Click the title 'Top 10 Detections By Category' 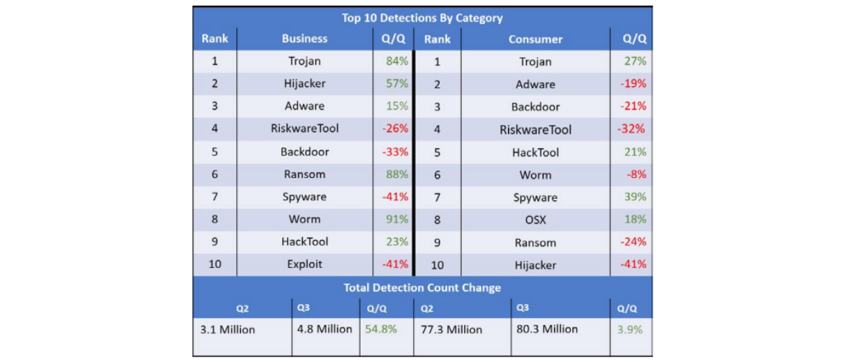coord(422,18)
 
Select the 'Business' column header coord(304,39)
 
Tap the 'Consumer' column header coord(535,40)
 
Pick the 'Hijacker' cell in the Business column coord(304,84)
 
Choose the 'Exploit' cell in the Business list coord(304,264)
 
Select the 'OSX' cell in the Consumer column coord(535,220)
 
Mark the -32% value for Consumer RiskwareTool coord(631,130)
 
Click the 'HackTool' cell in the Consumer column coord(535,153)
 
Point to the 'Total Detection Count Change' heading coord(422,288)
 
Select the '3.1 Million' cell coord(227,330)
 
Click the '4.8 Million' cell coord(325,329)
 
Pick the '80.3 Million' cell coord(547,329)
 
